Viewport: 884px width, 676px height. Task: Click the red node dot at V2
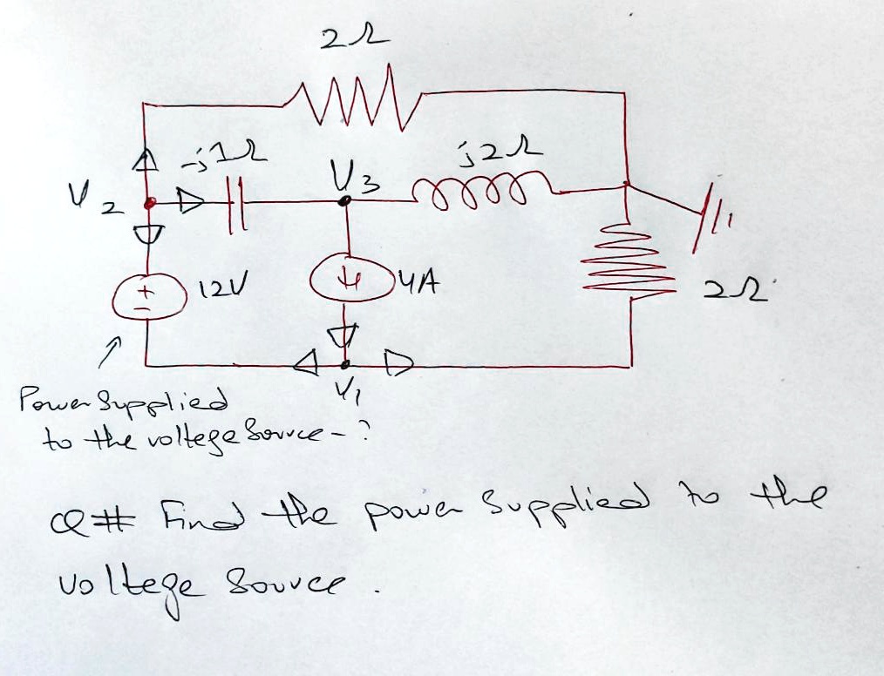tap(149, 203)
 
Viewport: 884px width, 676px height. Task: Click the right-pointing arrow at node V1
tap(390, 361)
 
